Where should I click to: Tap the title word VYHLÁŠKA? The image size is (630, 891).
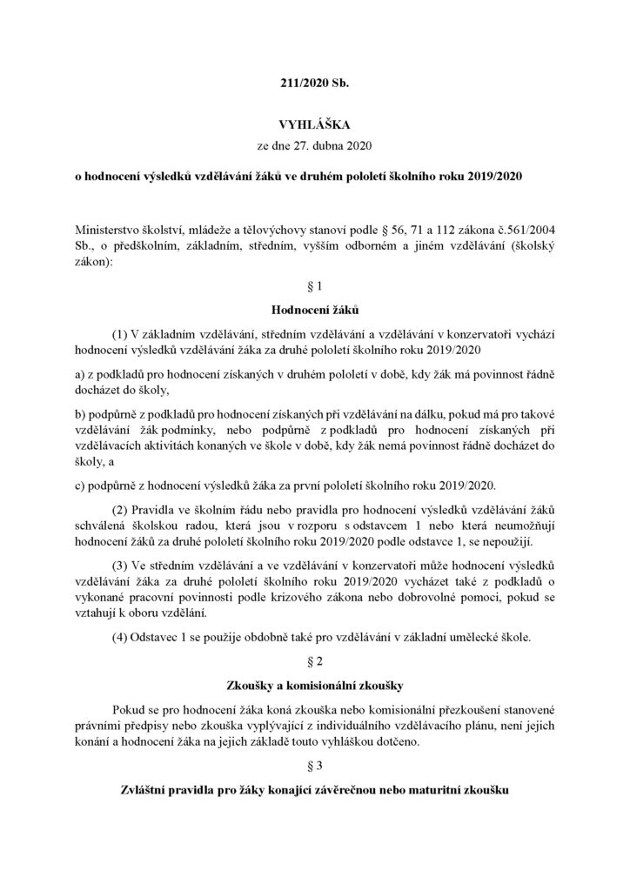tap(314, 131)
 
